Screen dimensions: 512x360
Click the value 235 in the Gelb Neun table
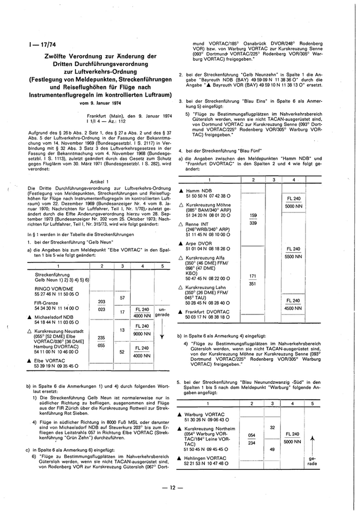click(x=101, y=337)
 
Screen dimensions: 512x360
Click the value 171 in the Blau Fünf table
click(x=253, y=276)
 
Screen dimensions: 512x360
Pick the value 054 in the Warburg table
click(x=251, y=434)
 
